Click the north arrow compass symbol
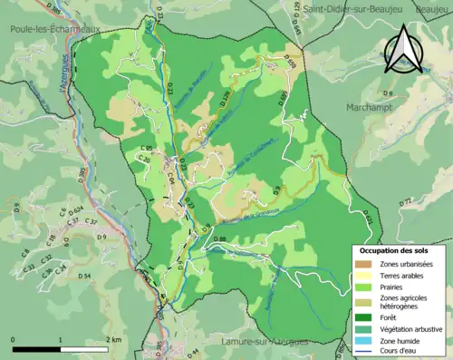pos(407,50)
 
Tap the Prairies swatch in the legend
pos(366,289)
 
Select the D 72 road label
pos(405,200)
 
